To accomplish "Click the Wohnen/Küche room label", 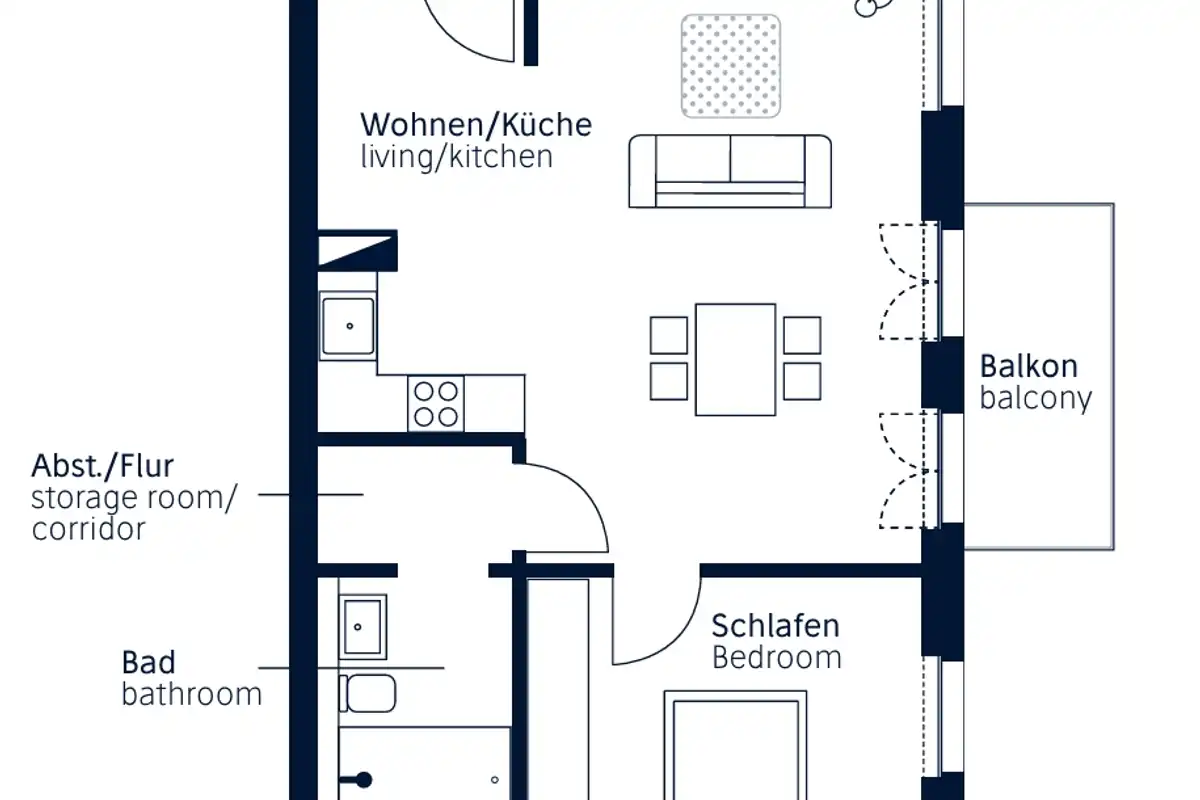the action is (476, 126).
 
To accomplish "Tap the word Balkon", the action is (1029, 366).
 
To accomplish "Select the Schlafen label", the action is (775, 627).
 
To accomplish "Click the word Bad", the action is (149, 662).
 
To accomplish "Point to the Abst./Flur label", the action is (103, 466).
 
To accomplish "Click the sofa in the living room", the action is (730, 171).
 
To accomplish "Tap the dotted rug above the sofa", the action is (731, 65).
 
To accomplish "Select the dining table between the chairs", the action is (735, 359).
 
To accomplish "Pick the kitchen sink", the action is (348, 326).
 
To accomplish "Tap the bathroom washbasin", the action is (362, 627).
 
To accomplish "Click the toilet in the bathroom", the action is (369, 692).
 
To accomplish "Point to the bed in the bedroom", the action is (736, 745).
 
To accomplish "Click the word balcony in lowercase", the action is (1036, 398).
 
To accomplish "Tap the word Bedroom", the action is (776, 658).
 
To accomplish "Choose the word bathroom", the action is (192, 693).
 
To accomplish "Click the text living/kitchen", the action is (456, 157).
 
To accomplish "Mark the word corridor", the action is (89, 529).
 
